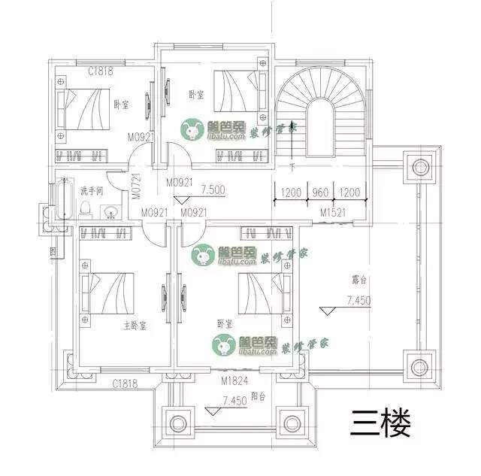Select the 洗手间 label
click(x=91, y=190)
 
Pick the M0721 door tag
click(x=136, y=184)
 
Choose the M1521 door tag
click(x=333, y=214)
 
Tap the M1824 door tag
click(x=234, y=381)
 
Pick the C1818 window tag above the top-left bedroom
click(x=101, y=71)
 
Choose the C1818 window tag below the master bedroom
click(x=126, y=384)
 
